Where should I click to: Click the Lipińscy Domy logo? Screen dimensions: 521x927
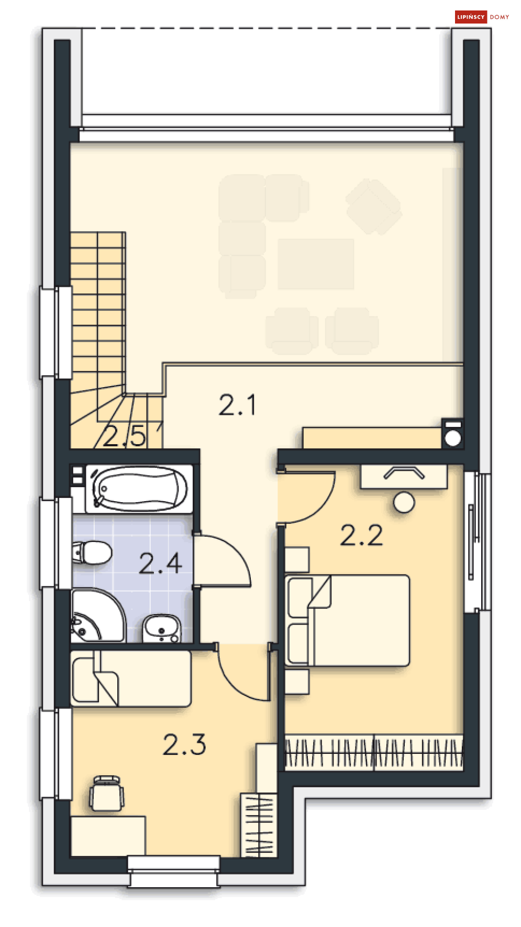click(482, 17)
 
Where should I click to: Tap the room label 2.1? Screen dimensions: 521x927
click(237, 405)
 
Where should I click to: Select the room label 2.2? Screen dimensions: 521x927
click(361, 535)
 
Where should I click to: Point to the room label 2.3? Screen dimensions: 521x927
click(184, 744)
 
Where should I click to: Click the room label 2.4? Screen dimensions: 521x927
click(160, 563)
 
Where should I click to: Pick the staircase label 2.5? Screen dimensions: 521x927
click(124, 436)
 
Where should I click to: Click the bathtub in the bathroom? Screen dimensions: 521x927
click(139, 489)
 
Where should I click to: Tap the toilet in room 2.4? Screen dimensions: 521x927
click(92, 552)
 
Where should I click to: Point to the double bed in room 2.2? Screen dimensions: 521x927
click(347, 620)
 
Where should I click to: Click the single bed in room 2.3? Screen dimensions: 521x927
click(131, 678)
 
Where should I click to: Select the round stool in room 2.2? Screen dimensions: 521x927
click(404, 502)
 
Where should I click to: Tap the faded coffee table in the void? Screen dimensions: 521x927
click(316, 264)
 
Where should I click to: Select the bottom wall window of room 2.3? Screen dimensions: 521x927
click(174, 871)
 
